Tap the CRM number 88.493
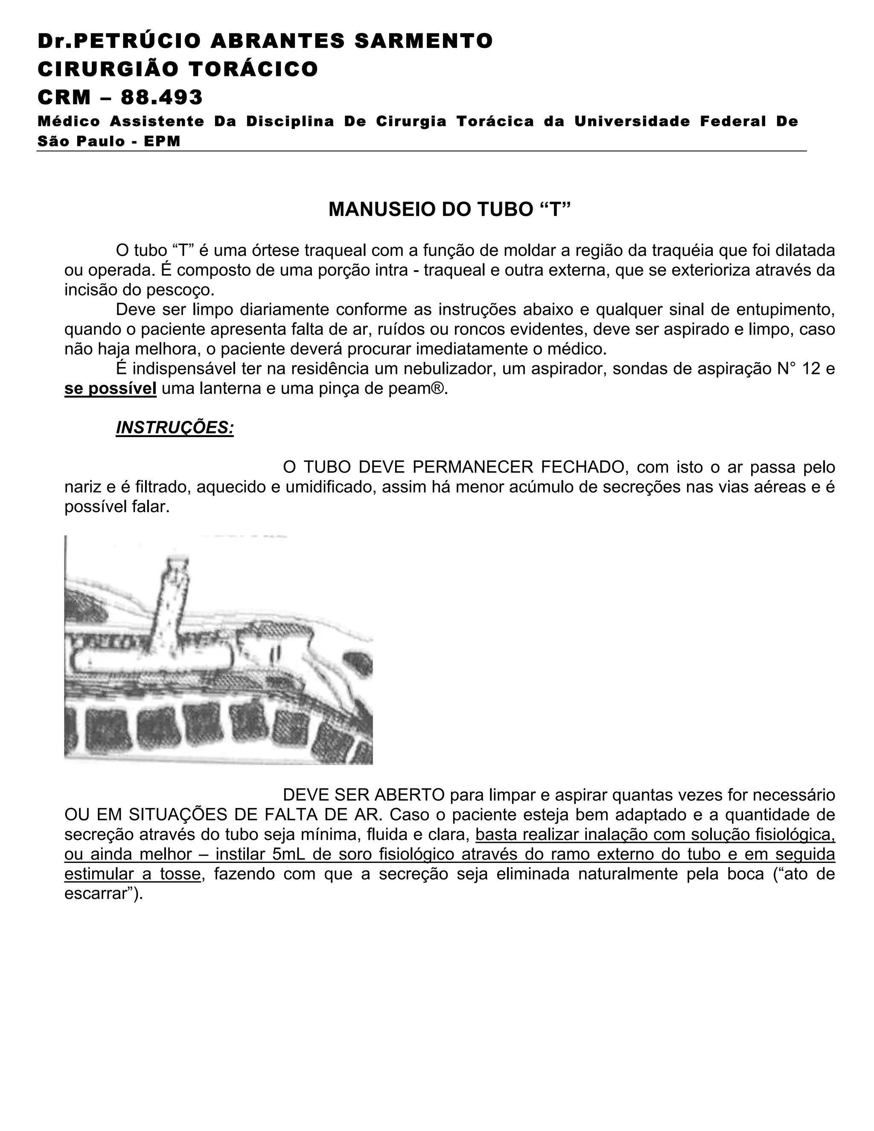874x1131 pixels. (x=162, y=97)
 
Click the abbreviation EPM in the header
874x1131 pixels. (x=162, y=141)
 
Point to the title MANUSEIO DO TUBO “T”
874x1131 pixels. (x=449, y=209)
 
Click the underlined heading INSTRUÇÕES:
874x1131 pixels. (x=175, y=428)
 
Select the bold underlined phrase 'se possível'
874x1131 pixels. (x=110, y=388)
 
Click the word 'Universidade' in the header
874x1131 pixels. (x=632, y=122)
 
